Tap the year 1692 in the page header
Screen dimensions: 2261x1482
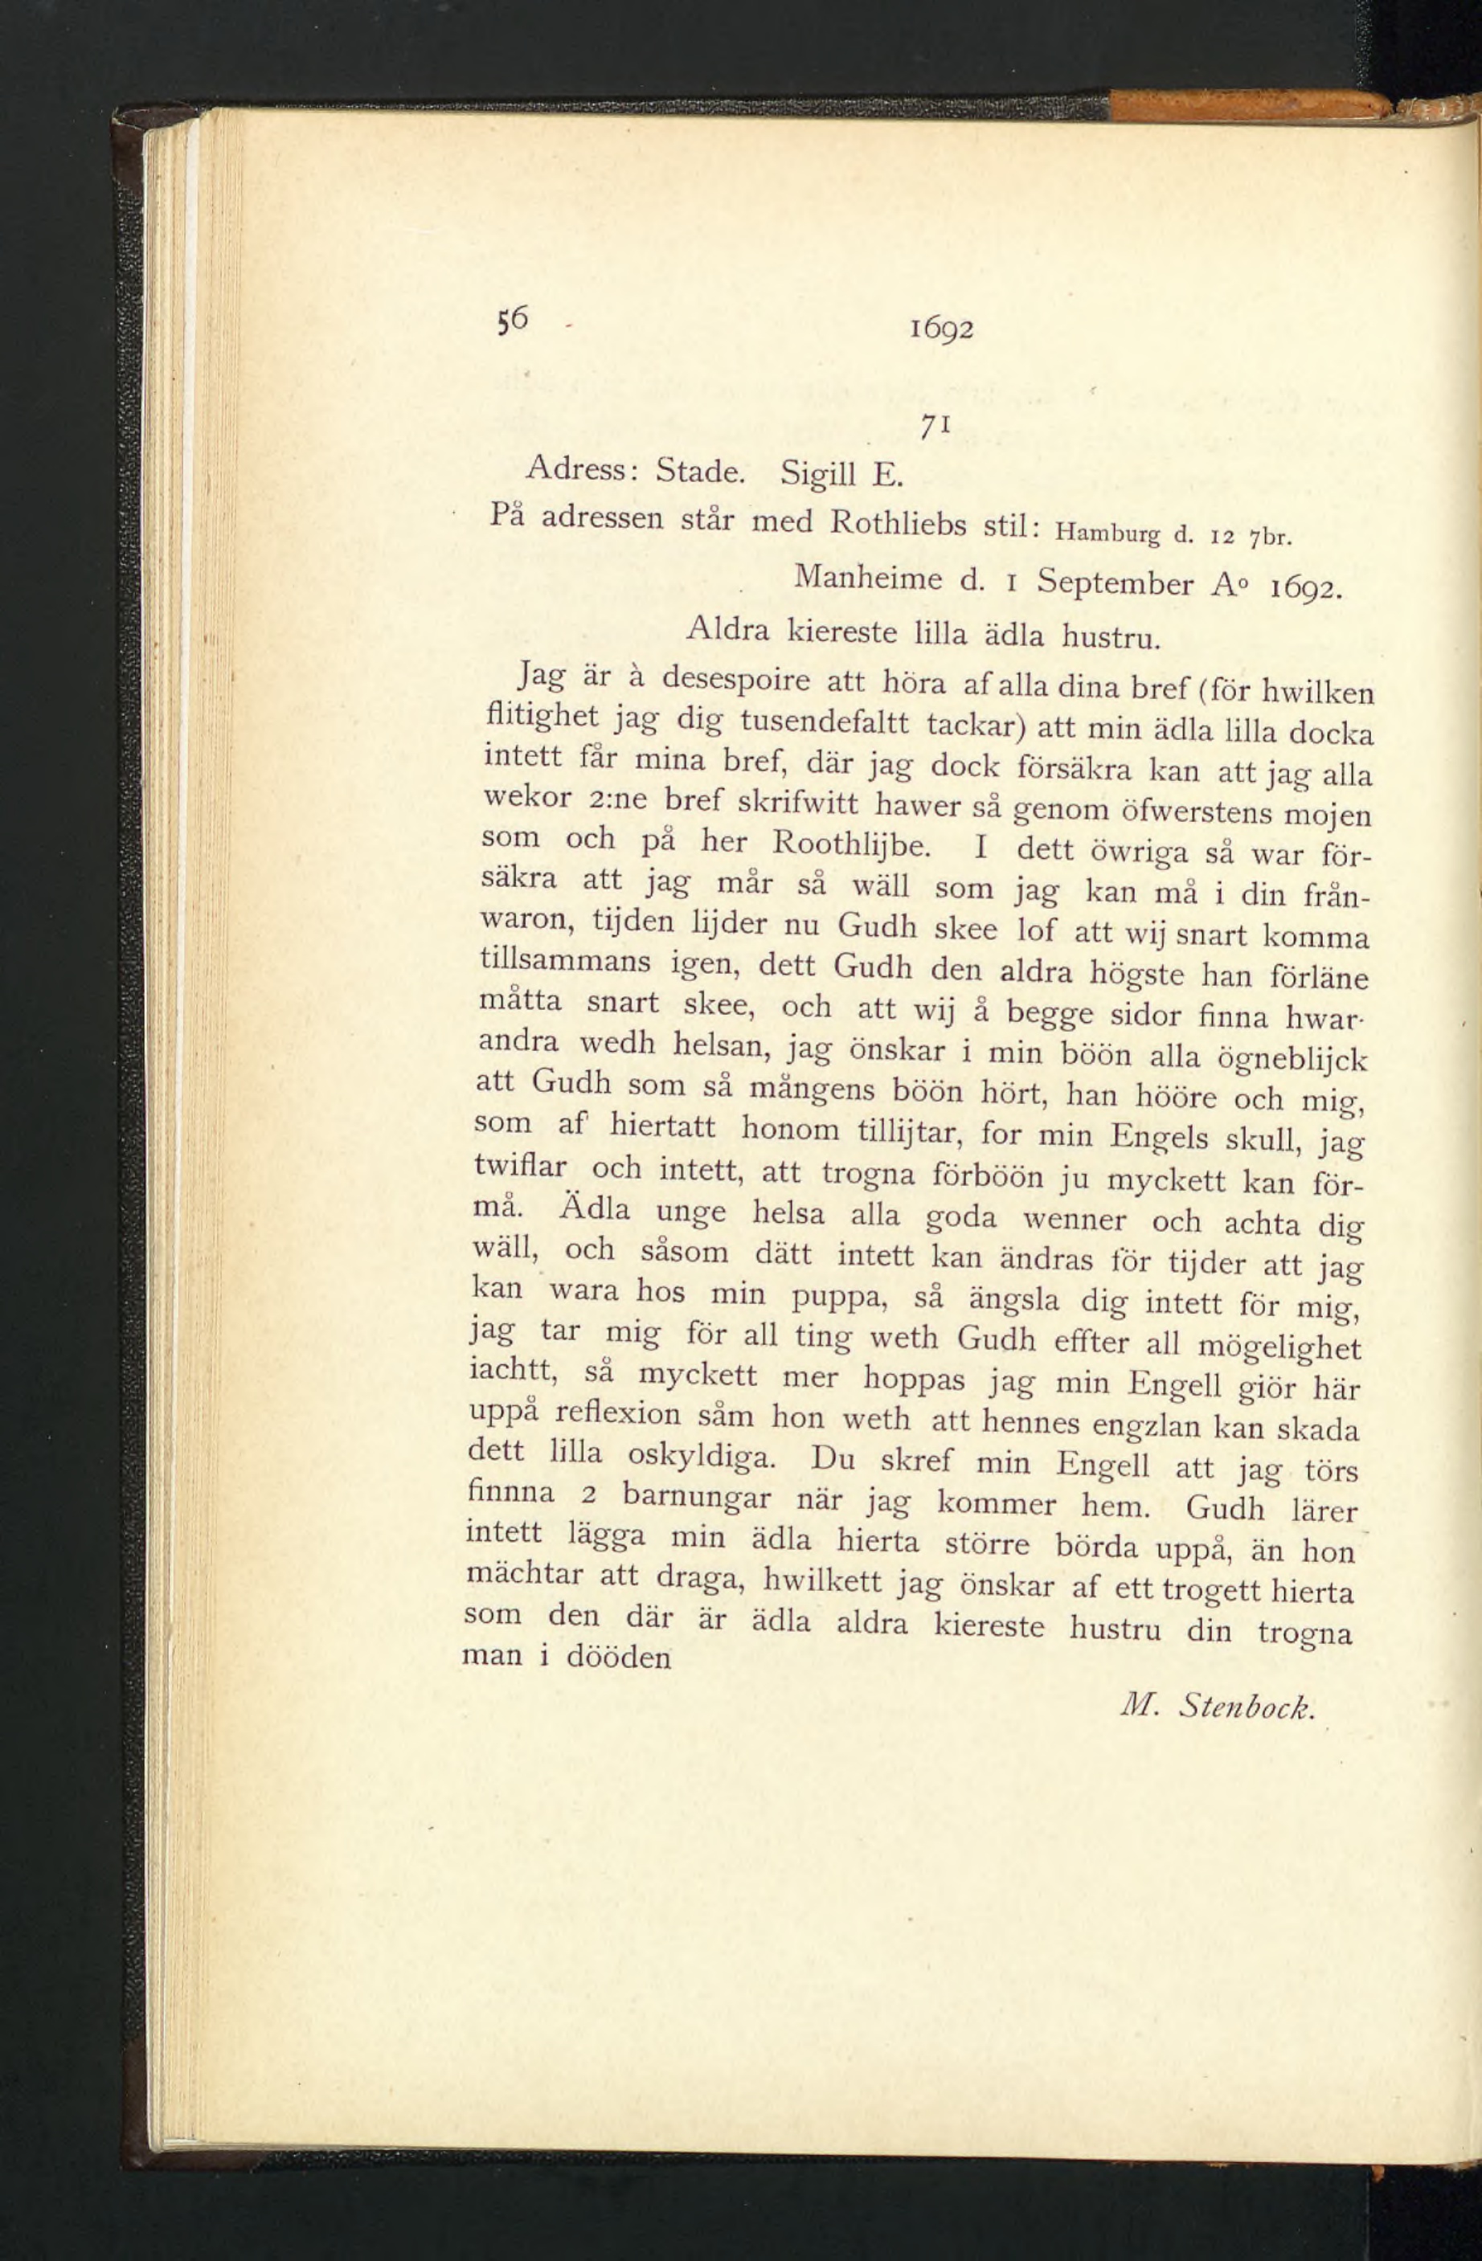pyautogui.click(x=940, y=329)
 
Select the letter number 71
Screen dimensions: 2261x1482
pyautogui.click(x=930, y=429)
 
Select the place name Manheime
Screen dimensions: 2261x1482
pyautogui.click(x=867, y=577)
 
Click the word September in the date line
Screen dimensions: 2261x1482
pyautogui.click(x=1115, y=582)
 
